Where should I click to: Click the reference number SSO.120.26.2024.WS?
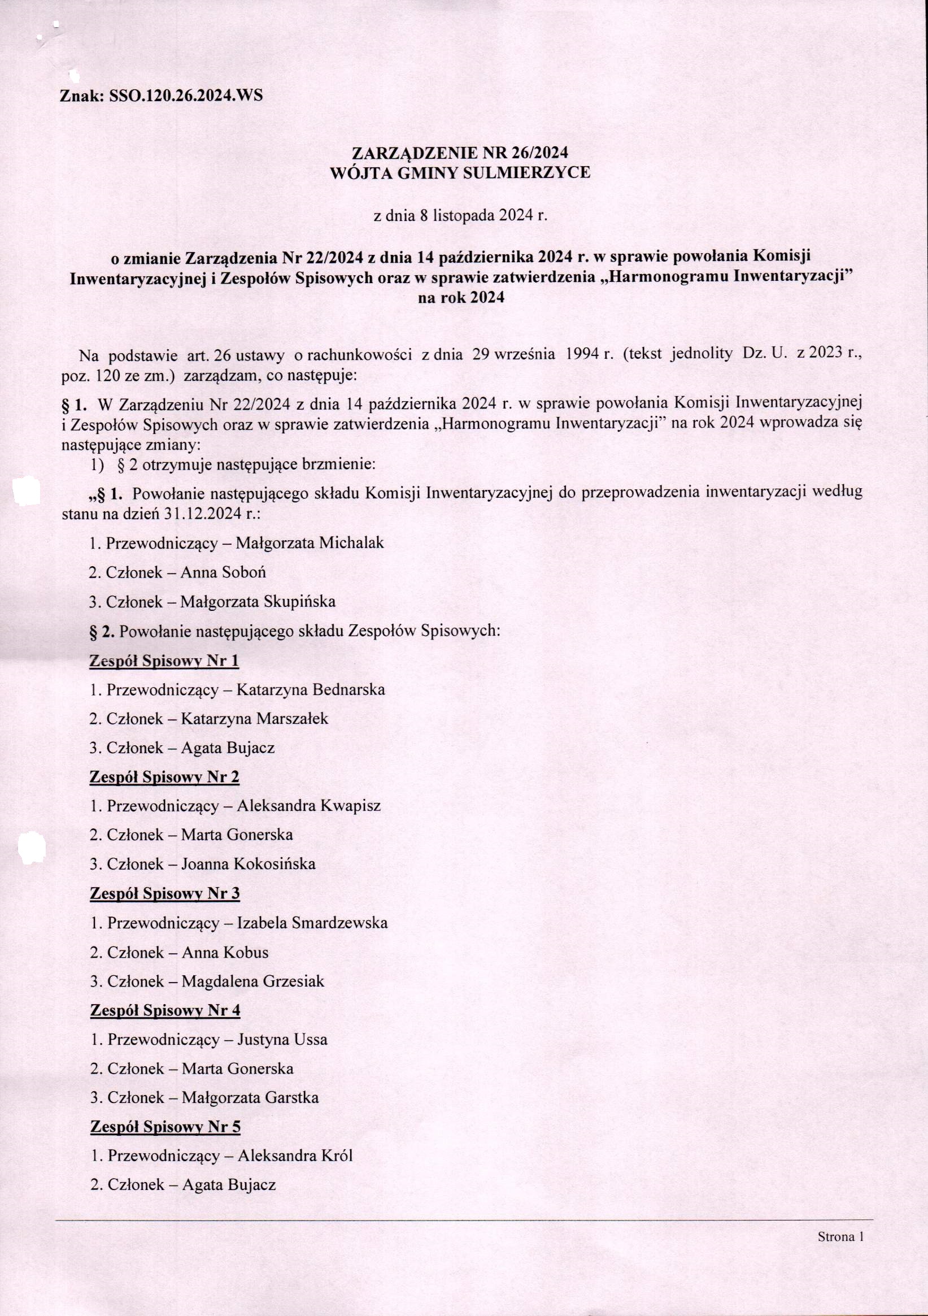click(182, 95)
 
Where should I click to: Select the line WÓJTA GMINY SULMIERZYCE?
click(460, 172)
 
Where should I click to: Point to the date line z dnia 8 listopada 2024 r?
click(460, 216)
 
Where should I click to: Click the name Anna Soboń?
click(223, 572)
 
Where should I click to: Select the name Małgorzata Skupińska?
click(258, 601)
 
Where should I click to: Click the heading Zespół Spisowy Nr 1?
click(164, 661)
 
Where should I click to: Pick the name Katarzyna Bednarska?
click(311, 689)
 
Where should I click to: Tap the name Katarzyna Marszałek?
click(254, 719)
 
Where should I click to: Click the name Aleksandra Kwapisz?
click(309, 806)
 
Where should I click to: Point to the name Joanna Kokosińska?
click(248, 864)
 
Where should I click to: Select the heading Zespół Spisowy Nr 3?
click(165, 893)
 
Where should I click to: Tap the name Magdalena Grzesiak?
click(252, 981)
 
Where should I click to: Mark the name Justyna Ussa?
click(282, 1039)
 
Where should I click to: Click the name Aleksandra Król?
click(295, 1156)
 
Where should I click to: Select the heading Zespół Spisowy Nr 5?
click(165, 1127)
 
